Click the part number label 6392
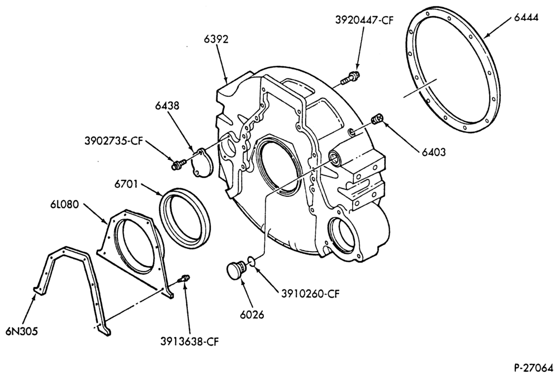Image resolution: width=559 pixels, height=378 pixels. (x=216, y=39)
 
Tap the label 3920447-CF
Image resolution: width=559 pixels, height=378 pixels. (x=364, y=20)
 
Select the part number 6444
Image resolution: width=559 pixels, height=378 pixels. (x=526, y=17)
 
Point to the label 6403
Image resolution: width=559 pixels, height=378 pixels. (x=434, y=152)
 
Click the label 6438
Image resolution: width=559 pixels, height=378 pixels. (x=167, y=106)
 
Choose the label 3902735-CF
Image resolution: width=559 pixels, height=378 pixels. (x=113, y=141)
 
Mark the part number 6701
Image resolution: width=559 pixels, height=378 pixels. (x=126, y=185)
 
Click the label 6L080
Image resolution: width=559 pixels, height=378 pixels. (x=65, y=205)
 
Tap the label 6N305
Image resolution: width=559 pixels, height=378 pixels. (x=21, y=331)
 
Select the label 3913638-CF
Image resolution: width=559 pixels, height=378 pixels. (x=190, y=342)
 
